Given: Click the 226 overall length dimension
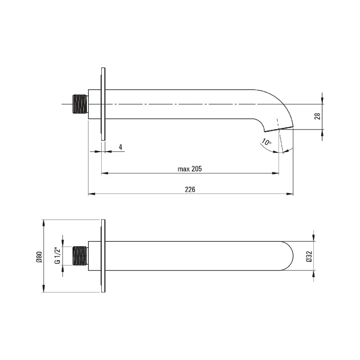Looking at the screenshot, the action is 190,189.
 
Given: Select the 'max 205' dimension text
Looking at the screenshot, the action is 189,169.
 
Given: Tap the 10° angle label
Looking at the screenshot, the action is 266,142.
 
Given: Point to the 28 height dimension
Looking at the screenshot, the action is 318,116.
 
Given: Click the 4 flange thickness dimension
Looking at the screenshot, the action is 121,147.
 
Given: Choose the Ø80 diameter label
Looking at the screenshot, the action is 39,257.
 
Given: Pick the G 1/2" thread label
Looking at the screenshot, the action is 58,256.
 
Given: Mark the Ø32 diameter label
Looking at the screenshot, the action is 309,256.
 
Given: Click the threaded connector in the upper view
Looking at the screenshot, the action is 81,104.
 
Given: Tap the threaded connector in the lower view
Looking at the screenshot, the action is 81,256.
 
